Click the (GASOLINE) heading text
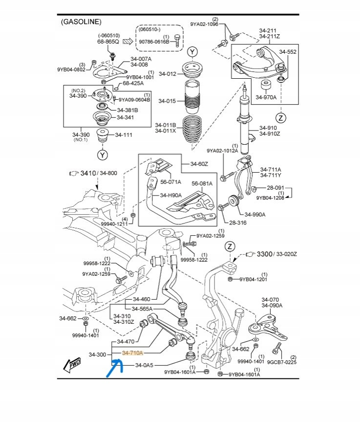81,22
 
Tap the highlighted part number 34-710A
132,353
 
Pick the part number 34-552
288,51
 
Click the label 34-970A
268,97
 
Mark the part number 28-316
237,223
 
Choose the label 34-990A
255,214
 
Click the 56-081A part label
202,183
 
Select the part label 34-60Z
199,164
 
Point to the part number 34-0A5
145,365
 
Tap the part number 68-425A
133,83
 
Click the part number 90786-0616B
153,42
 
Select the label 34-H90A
171,195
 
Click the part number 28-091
275,188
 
